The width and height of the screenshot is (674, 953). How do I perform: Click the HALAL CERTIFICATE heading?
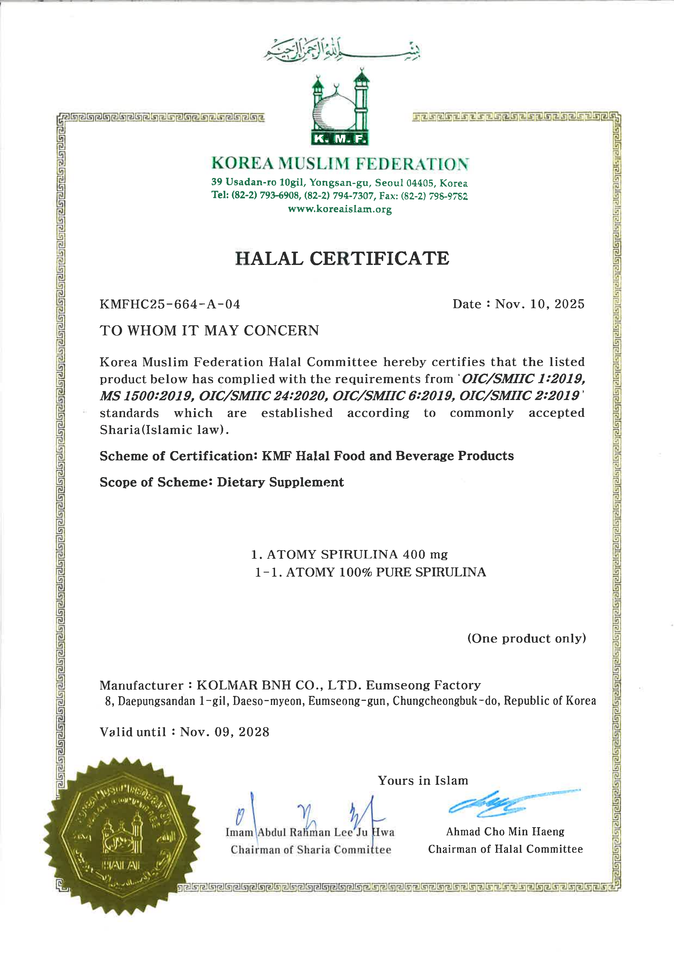[x=342, y=259]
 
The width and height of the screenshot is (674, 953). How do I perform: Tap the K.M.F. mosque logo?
[x=340, y=109]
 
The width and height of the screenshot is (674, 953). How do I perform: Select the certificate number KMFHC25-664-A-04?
[x=170, y=304]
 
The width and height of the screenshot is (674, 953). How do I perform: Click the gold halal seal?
[x=121, y=836]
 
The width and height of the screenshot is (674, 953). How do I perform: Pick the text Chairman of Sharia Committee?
[x=311, y=850]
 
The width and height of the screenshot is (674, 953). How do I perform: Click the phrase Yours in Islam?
[x=423, y=781]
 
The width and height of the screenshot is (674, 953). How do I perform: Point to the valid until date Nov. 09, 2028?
[x=224, y=732]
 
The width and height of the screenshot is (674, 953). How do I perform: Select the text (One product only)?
[x=526, y=638]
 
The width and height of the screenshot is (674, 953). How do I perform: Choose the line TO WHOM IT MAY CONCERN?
[x=209, y=330]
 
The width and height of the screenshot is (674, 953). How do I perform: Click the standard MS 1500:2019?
[x=146, y=396]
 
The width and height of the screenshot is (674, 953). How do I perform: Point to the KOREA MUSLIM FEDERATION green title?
[x=340, y=163]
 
